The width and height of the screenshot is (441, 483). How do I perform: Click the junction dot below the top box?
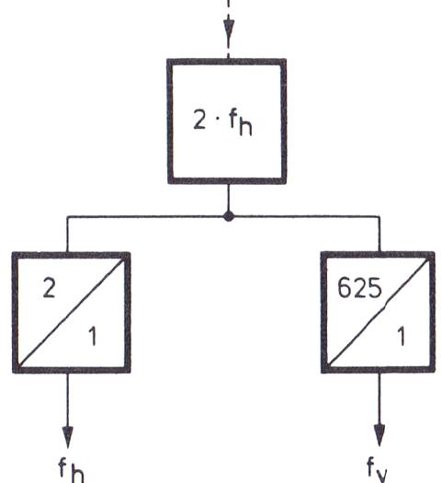[228, 216]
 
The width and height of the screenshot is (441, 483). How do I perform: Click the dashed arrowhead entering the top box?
[228, 29]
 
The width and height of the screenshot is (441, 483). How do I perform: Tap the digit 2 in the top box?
[200, 120]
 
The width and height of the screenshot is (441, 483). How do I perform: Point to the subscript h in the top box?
[245, 126]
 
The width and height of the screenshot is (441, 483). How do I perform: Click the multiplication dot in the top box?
[218, 120]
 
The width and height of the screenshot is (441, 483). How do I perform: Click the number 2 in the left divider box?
[50, 288]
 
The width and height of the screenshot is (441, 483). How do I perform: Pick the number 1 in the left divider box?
[92, 336]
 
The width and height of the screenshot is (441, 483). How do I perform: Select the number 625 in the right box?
[359, 288]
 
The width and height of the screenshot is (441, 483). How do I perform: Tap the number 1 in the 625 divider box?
[401, 336]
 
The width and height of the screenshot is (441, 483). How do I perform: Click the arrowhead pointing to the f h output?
[68, 437]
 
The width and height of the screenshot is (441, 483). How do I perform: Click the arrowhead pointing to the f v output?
[379, 435]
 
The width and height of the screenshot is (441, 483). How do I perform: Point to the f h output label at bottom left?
[71, 470]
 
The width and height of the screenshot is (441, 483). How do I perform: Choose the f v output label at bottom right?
[377, 470]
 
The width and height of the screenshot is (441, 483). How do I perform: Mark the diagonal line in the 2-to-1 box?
[72, 313]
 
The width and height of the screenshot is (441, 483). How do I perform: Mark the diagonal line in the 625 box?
[378, 312]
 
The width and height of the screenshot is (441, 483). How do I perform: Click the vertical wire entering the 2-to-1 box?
[67, 234]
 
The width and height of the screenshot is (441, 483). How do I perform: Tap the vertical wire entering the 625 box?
[379, 234]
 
